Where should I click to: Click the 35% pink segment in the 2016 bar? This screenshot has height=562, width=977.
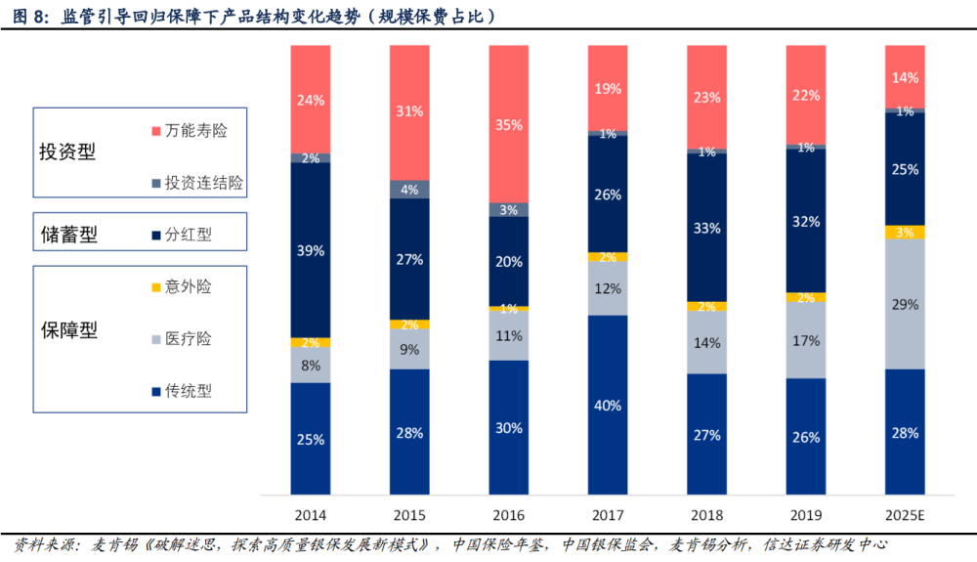tap(508, 124)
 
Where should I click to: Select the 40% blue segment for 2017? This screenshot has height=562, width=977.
tap(608, 405)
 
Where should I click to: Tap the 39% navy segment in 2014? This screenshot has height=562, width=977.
tap(311, 250)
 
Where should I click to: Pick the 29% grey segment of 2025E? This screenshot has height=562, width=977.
tap(905, 304)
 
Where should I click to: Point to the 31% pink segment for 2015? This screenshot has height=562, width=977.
tap(409, 111)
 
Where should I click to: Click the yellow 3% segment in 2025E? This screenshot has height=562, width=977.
tap(905, 232)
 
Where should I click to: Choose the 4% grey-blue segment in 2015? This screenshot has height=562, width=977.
tap(409, 189)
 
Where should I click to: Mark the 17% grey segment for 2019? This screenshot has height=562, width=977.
tap(806, 341)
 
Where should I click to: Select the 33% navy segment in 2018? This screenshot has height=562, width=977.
tap(706, 228)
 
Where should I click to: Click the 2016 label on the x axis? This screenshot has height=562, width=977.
tap(508, 514)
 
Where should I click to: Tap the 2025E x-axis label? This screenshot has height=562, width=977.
tap(905, 514)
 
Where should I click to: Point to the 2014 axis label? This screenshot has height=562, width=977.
tap(311, 514)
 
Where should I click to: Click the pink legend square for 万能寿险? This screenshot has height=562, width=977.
tap(155, 129)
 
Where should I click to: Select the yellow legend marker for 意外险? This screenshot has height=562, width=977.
tap(155, 286)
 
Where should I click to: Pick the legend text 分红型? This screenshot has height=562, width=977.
tap(189, 235)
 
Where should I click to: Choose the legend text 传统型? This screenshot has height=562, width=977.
tap(189, 391)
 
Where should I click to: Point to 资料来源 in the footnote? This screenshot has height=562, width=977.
tap(45, 544)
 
